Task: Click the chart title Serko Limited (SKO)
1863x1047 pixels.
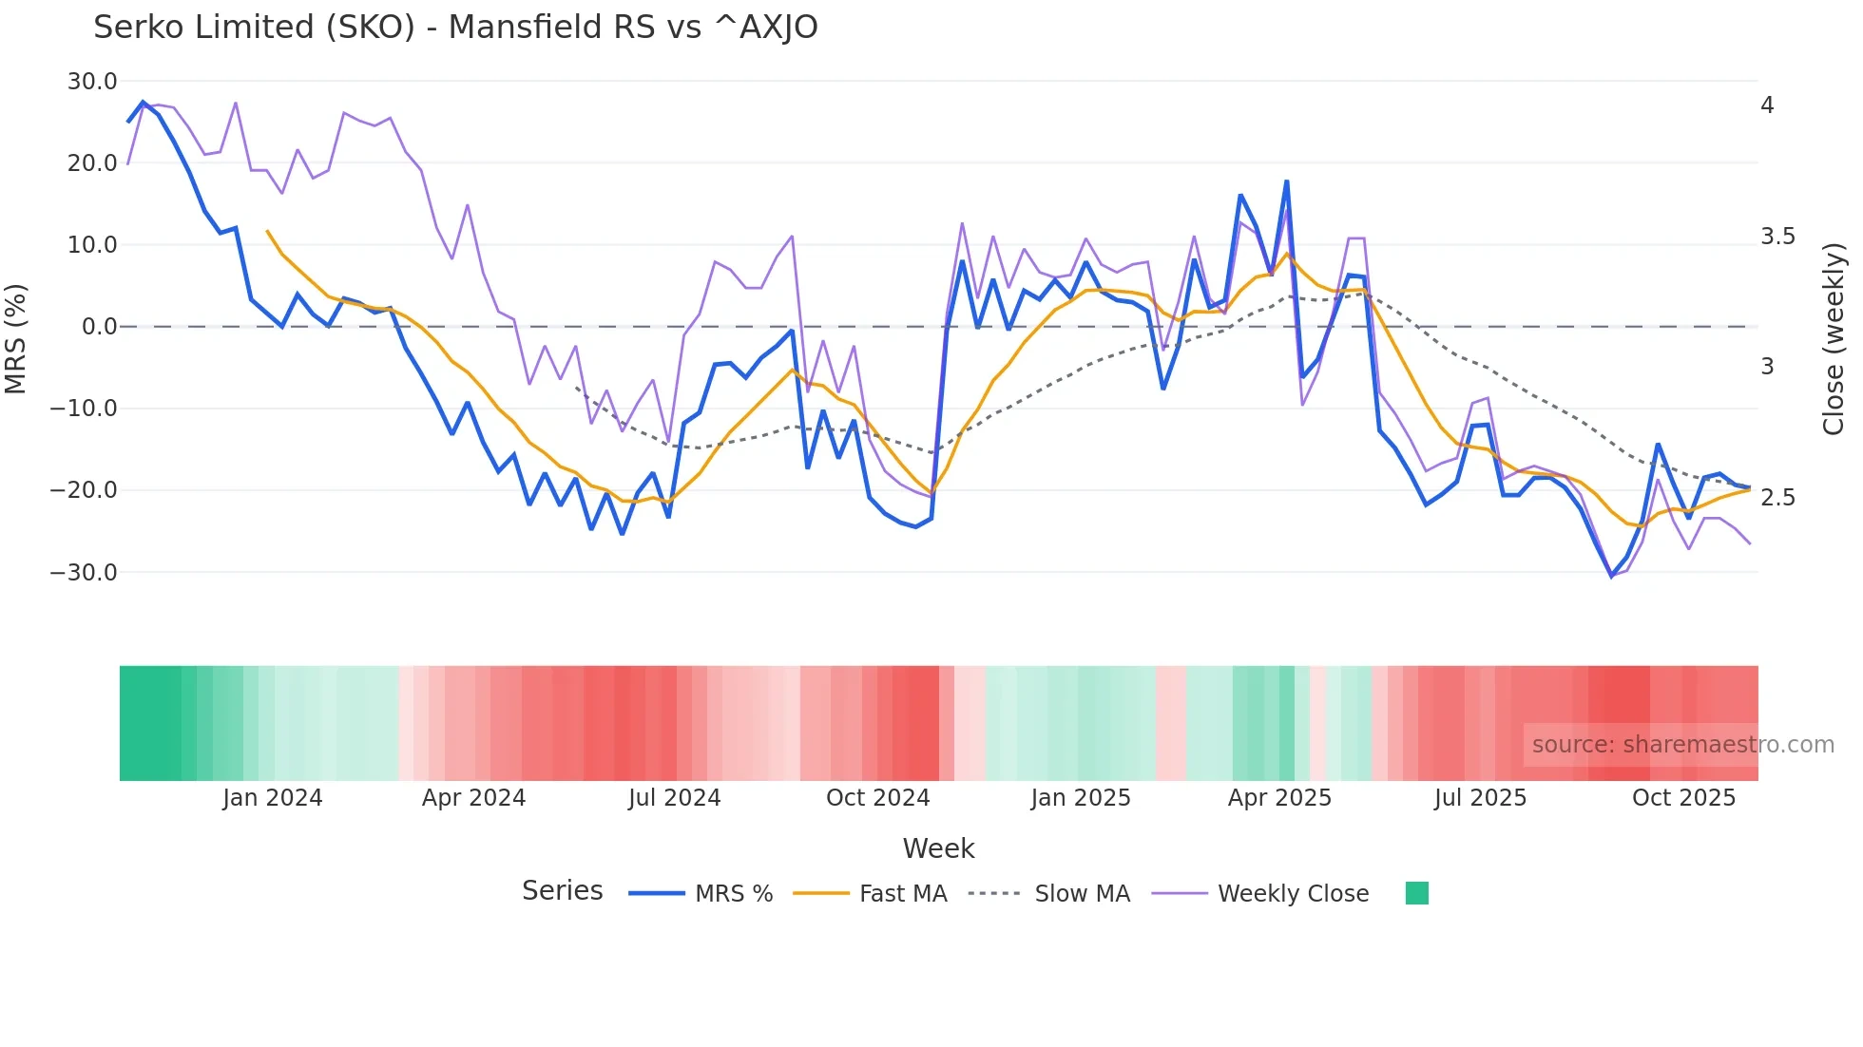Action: tap(454, 28)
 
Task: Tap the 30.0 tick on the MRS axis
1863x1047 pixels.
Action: tap(92, 82)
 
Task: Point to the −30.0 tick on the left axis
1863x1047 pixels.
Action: tap(85, 573)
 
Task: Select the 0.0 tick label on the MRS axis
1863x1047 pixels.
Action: tap(99, 327)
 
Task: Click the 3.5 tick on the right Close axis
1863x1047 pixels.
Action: tap(1777, 237)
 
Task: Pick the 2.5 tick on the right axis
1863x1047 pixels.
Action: tap(1777, 498)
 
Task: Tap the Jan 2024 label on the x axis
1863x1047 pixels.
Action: tap(273, 798)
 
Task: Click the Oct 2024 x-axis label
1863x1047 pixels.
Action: tap(877, 798)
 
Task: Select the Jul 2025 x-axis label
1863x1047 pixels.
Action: tap(1480, 798)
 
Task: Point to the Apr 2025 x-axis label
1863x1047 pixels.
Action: tap(1279, 798)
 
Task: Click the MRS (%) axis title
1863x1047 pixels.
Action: tap(16, 339)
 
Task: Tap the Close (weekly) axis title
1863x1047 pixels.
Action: tap(1834, 339)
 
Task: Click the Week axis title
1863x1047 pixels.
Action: tap(938, 848)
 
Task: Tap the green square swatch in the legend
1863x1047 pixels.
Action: tap(1416, 893)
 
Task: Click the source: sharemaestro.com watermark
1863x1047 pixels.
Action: tap(1682, 745)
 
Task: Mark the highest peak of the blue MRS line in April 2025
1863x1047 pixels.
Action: tap(1286, 181)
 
